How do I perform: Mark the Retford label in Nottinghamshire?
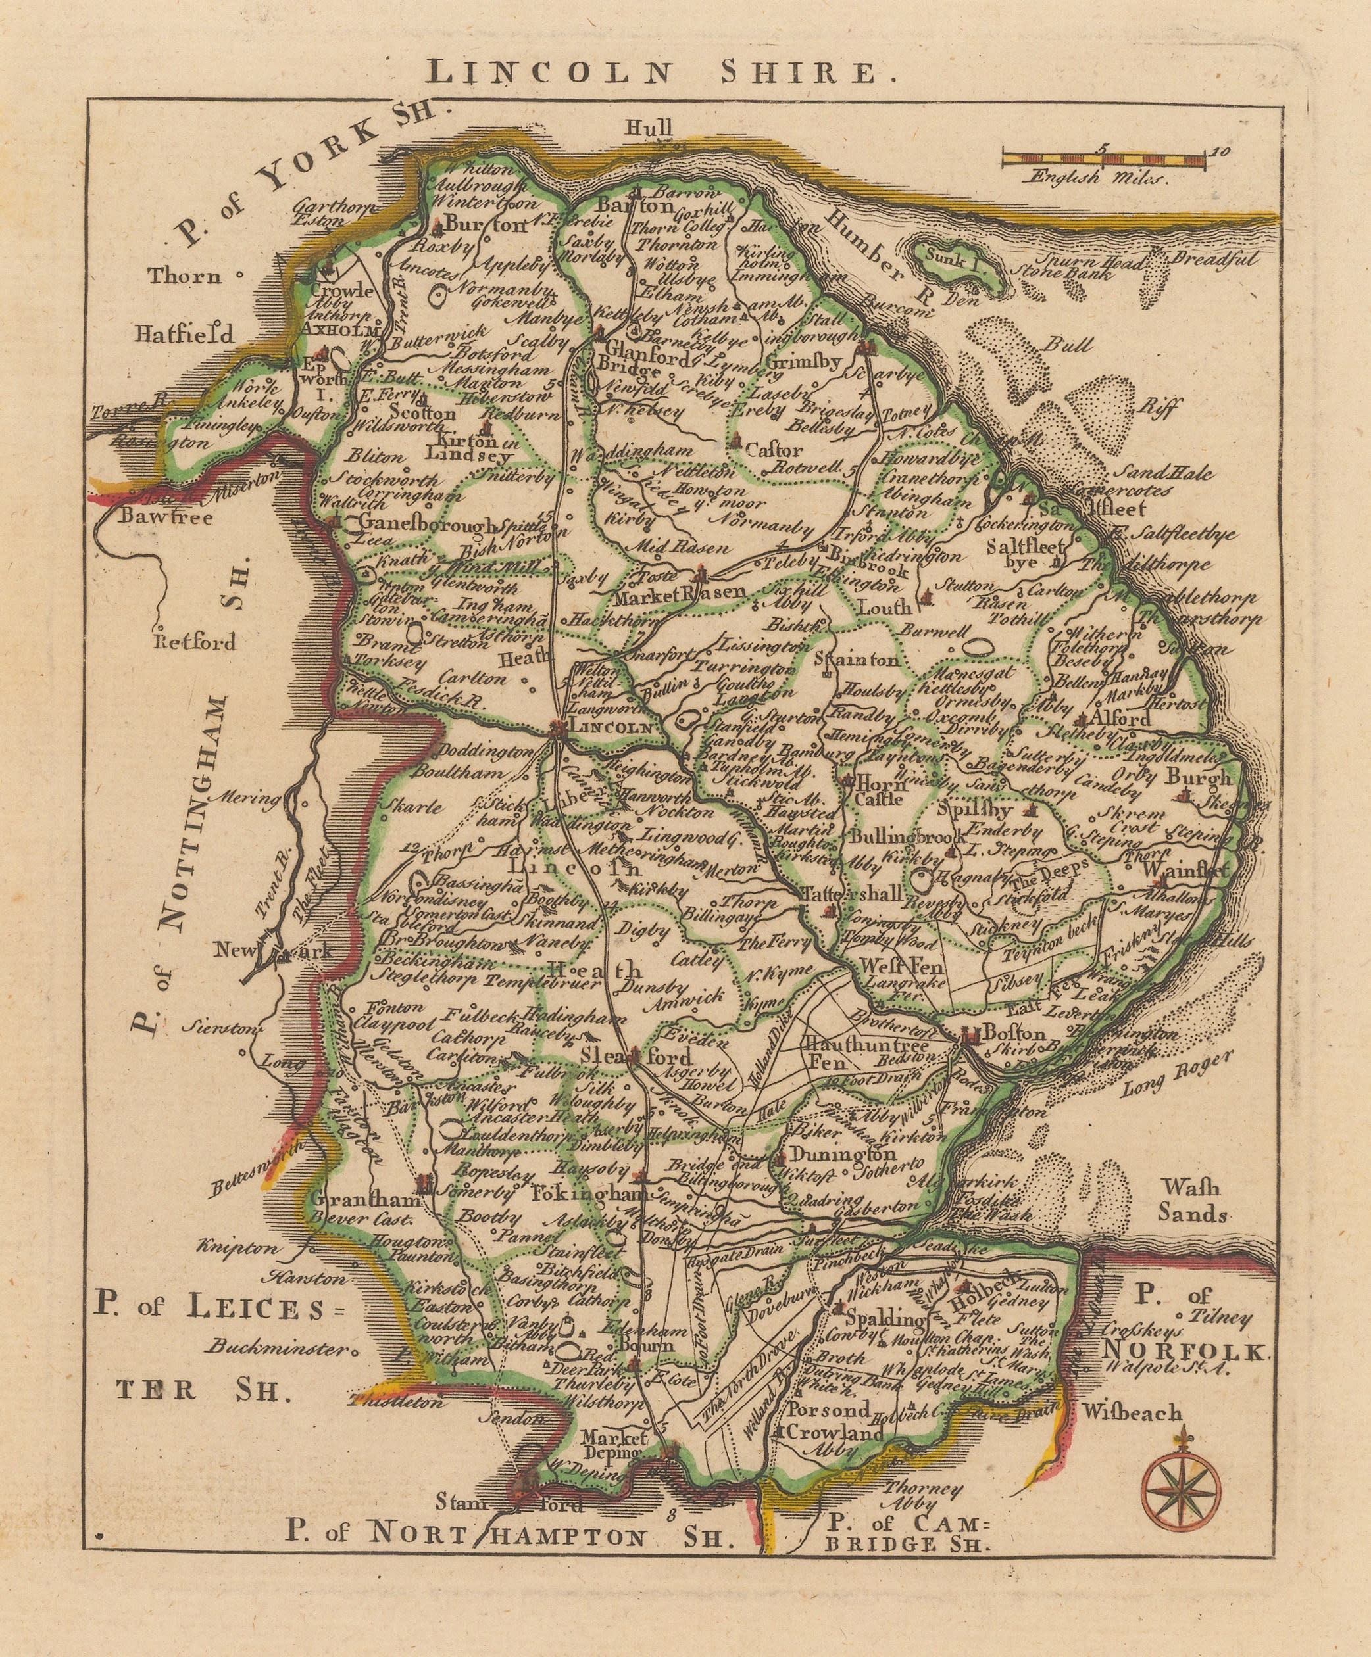(197, 642)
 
